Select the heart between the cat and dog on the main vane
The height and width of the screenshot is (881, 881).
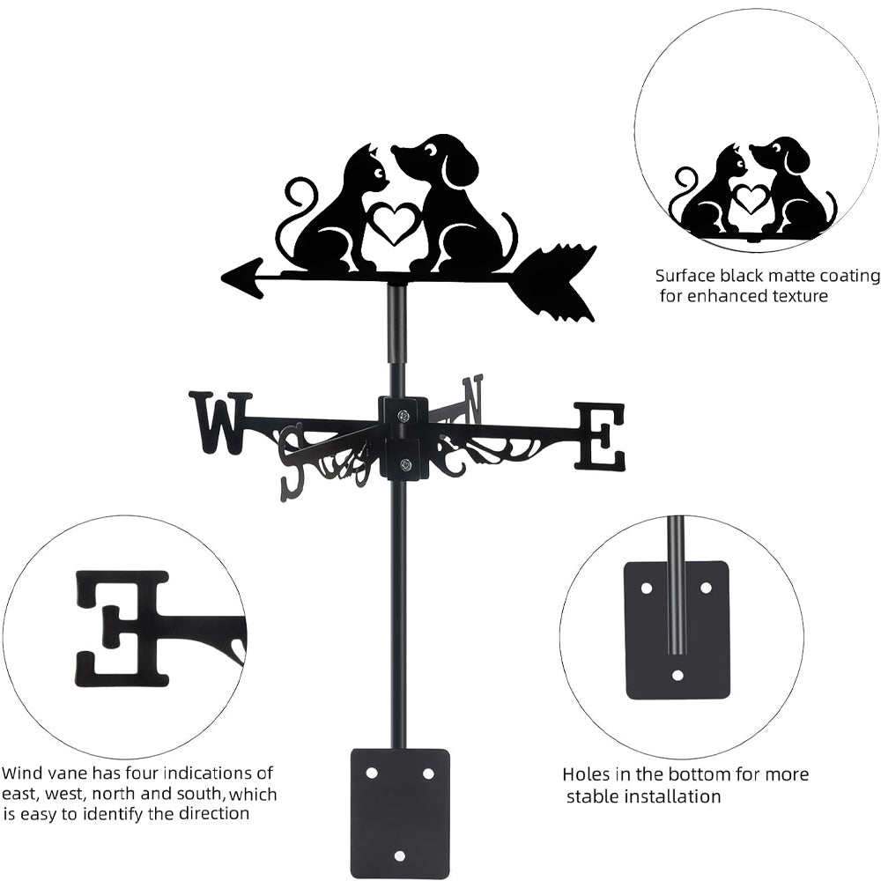tap(394, 223)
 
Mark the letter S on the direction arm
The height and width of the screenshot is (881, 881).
tap(292, 458)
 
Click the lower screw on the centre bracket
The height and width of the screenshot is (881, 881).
tap(404, 466)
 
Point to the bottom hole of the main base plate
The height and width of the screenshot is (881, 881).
tap(399, 855)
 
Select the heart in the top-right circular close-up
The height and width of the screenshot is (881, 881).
tap(751, 198)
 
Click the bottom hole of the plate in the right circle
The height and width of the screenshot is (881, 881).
tap(677, 677)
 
